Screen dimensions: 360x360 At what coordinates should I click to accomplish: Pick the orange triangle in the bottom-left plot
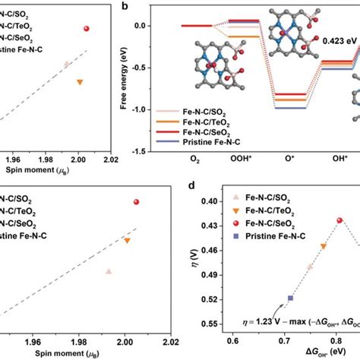click(127, 240)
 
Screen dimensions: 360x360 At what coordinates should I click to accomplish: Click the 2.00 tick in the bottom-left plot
click(125, 343)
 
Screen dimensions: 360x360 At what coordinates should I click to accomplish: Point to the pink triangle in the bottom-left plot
click(109, 271)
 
